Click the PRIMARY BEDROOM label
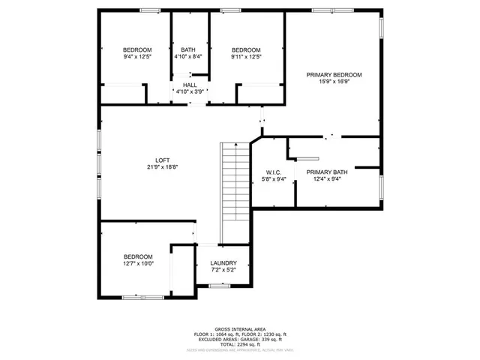pyautogui.click(x=334, y=75)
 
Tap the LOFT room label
pyautogui.click(x=162, y=160)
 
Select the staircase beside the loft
pyautogui.click(x=233, y=191)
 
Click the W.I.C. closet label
pyautogui.click(x=272, y=172)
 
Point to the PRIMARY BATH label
pyautogui.click(x=326, y=172)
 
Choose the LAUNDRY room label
pyautogui.click(x=223, y=263)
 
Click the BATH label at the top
pyautogui.click(x=187, y=49)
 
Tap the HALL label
pyautogui.click(x=190, y=85)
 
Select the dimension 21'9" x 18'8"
pyautogui.click(x=162, y=167)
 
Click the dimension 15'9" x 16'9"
pyautogui.click(x=334, y=83)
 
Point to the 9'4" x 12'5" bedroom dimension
pyautogui.click(x=137, y=57)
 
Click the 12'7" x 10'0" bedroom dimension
pyautogui.click(x=138, y=264)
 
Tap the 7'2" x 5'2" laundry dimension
pyautogui.click(x=223, y=270)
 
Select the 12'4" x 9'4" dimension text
pyautogui.click(x=326, y=179)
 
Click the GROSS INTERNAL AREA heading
pyautogui.click(x=239, y=328)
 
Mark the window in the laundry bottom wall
pyautogui.click(x=219, y=286)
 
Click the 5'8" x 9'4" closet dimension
pyautogui.click(x=272, y=179)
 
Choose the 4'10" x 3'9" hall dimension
pyautogui.click(x=190, y=91)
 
